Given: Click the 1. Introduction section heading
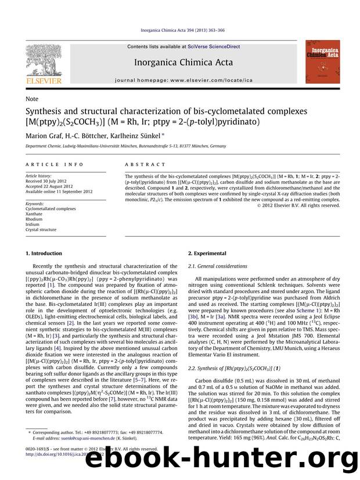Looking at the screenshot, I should click(44, 254).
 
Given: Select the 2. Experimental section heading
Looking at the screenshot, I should click(208, 254).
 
